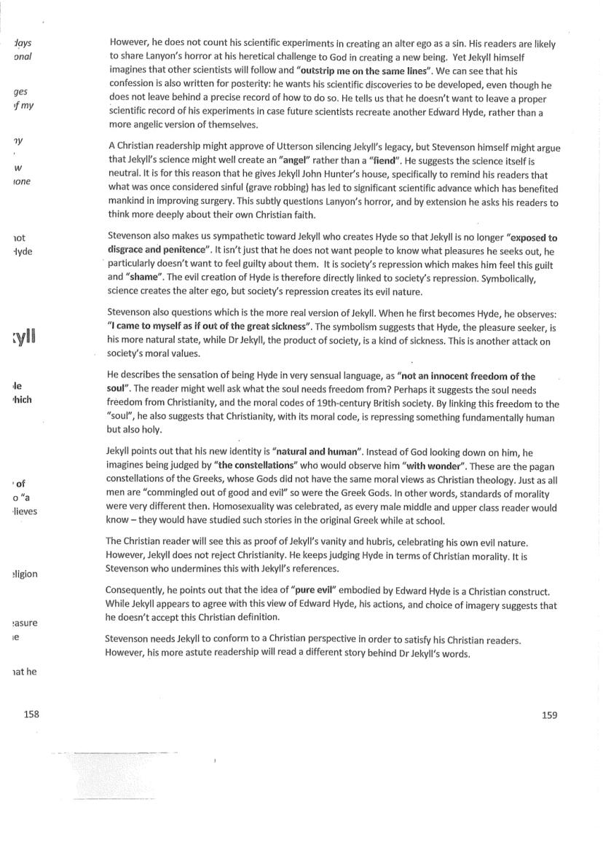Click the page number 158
coord(31,715)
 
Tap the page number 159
coord(549,715)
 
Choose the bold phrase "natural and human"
coord(317,452)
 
